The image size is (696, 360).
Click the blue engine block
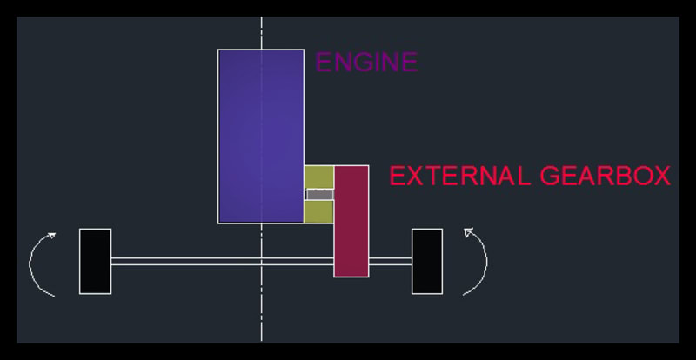(260, 136)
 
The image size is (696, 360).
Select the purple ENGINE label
(366, 63)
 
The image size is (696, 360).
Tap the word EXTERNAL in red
(460, 177)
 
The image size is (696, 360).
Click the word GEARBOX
(605, 177)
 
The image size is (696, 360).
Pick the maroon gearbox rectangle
(351, 221)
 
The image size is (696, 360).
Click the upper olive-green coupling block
(319, 177)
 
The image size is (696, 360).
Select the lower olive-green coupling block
(319, 211)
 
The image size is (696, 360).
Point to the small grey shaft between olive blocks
(319, 195)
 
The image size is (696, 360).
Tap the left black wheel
(95, 261)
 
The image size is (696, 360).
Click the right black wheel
(426, 261)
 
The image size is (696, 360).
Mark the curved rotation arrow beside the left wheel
(33, 261)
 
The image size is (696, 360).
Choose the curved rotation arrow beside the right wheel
(484, 261)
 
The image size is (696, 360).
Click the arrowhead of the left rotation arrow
(52, 234)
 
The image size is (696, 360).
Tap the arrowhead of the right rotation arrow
(467, 232)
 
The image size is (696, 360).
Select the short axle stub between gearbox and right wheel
(390, 261)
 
